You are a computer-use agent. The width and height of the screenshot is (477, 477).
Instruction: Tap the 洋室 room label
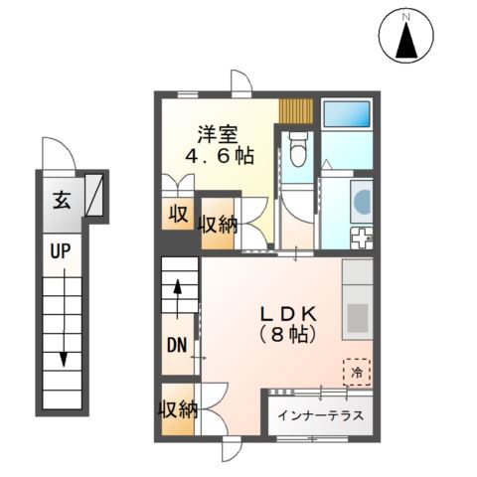tap(216, 132)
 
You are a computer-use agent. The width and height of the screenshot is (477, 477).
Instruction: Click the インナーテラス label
tap(320, 416)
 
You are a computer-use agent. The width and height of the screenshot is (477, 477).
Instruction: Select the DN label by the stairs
tap(176, 346)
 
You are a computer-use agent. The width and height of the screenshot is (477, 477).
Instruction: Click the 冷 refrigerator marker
tap(356, 372)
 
